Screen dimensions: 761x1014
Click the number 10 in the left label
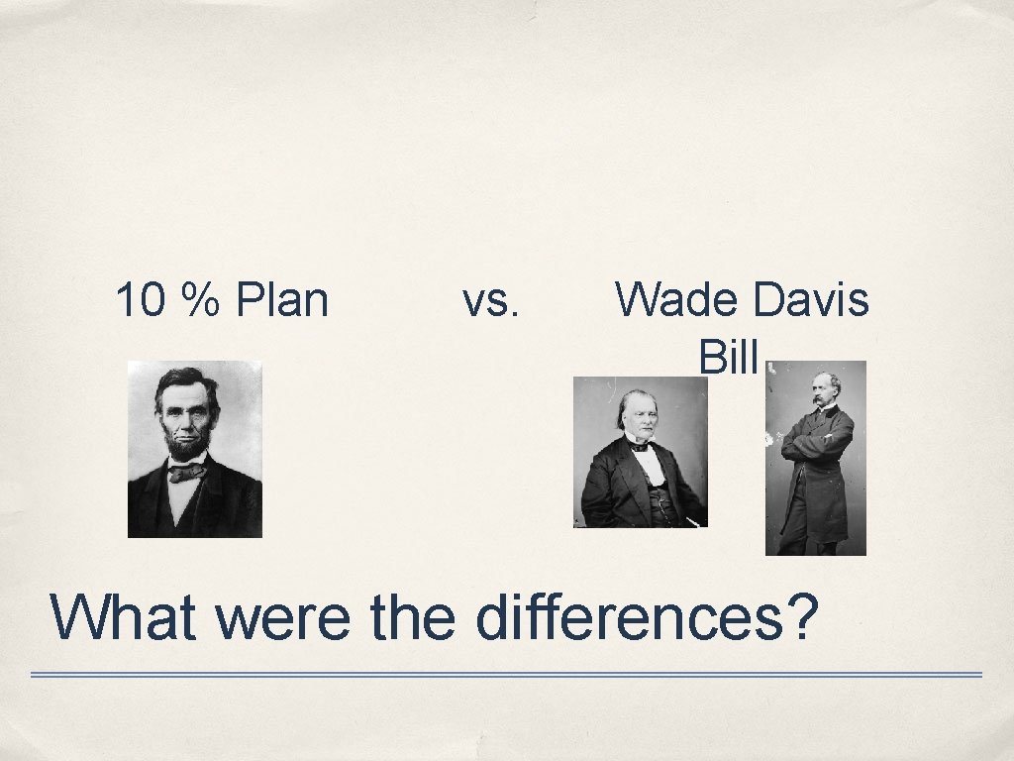pyautogui.click(x=139, y=300)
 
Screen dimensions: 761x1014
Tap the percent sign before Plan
pyautogui.click(x=194, y=300)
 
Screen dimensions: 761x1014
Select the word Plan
pyautogui.click(x=282, y=300)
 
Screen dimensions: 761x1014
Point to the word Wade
pyautogui.click(x=671, y=299)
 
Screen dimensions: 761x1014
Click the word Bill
pyautogui.click(x=728, y=357)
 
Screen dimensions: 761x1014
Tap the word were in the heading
pyautogui.click(x=281, y=618)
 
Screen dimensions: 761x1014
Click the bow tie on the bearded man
pyautogui.click(x=186, y=473)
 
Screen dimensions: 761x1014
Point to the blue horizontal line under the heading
pyautogui.click(x=505, y=675)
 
